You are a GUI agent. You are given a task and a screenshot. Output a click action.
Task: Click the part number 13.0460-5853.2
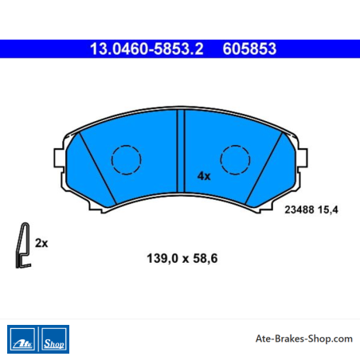[x=147, y=49]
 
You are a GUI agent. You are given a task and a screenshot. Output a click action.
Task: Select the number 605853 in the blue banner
[x=249, y=49]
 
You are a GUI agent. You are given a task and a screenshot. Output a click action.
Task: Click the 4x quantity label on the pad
[x=204, y=176]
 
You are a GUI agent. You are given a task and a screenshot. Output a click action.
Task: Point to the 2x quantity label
[x=41, y=243]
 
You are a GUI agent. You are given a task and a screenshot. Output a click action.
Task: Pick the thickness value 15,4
[x=328, y=209]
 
